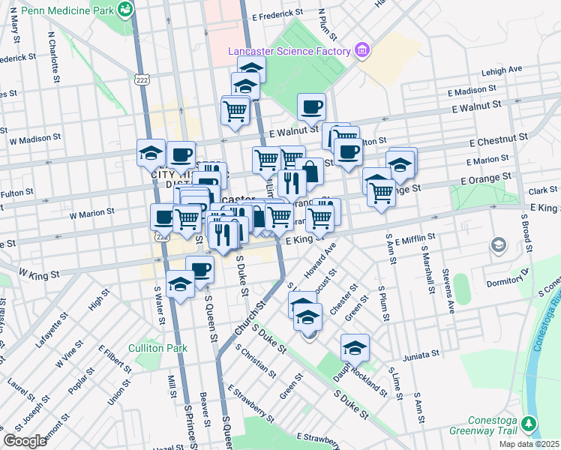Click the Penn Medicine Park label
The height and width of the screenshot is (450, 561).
coord(67,10)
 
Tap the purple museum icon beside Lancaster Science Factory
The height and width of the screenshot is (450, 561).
coord(363,50)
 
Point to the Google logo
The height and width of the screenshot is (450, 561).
coord(25,440)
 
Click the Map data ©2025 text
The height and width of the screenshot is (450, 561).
coord(529,444)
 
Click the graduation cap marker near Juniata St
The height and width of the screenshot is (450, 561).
coord(355,348)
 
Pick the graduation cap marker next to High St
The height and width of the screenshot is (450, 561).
coord(180,286)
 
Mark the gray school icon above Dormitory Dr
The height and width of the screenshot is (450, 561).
coord(498,245)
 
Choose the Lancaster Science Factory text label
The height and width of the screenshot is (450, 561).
coord(290,51)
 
